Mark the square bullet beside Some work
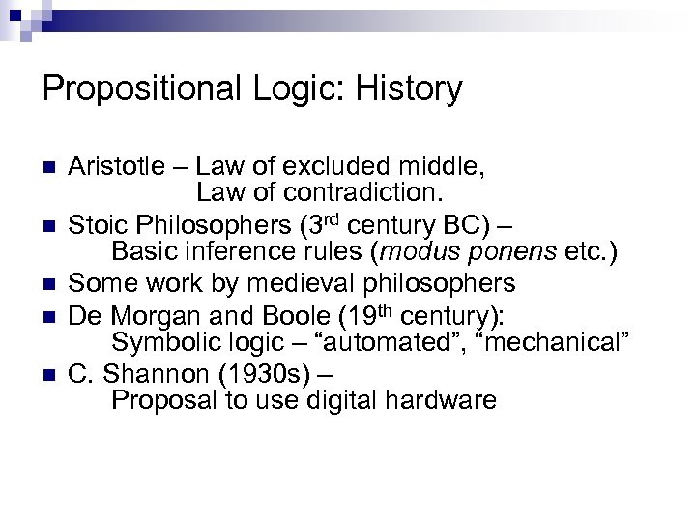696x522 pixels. pyautogui.click(x=49, y=284)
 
